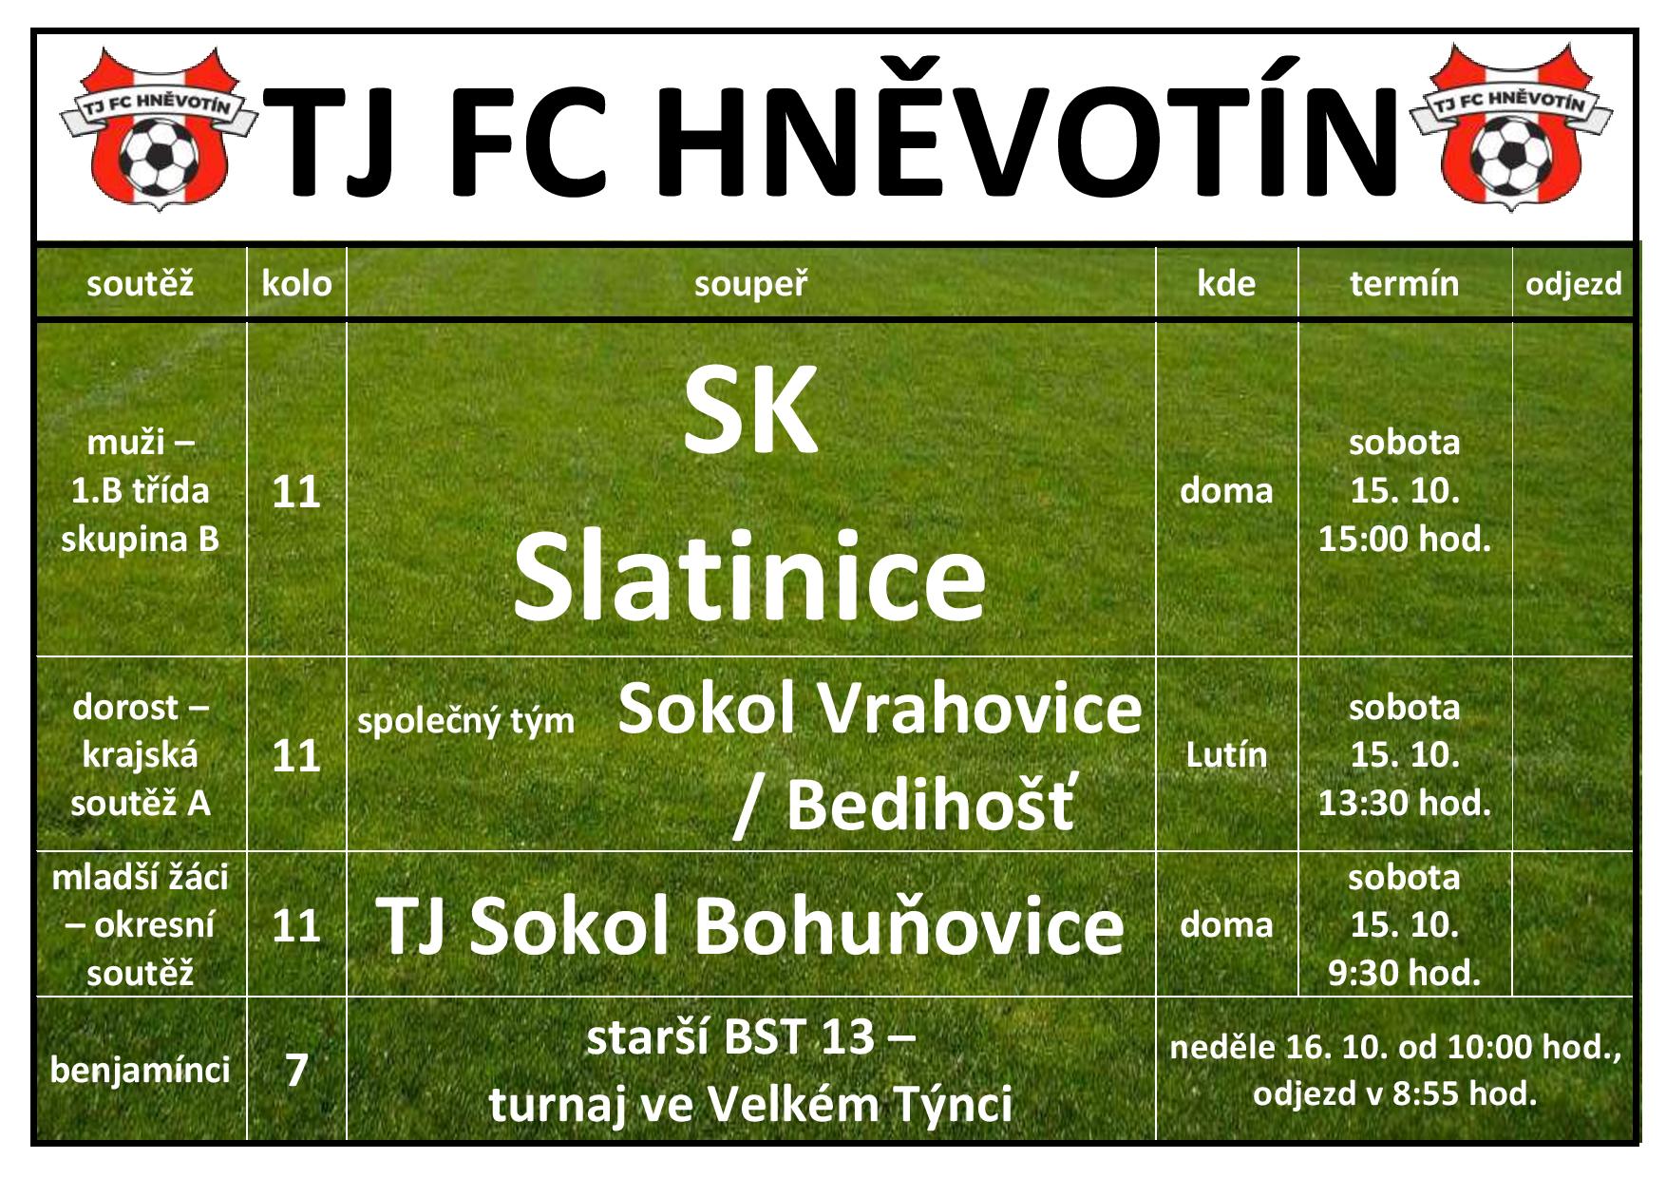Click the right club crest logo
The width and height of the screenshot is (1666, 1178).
(1510, 127)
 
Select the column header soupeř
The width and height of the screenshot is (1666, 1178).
(750, 283)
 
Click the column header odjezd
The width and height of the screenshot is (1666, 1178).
(1573, 283)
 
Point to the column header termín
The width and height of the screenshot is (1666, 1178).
(1404, 283)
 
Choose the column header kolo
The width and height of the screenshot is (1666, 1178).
(296, 283)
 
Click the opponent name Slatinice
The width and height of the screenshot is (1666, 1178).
(749, 576)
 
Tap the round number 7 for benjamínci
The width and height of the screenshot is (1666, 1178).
(296, 1070)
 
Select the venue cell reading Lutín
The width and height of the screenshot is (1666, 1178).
(1226, 754)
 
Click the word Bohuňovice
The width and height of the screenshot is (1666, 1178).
(910, 924)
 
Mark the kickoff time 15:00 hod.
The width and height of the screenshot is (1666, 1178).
(1404, 539)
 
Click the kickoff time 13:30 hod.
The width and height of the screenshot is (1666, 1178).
(1404, 803)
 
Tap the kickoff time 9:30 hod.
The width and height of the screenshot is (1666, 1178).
(1404, 972)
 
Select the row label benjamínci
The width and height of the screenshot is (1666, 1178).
(141, 1070)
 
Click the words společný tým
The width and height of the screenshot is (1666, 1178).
(465, 721)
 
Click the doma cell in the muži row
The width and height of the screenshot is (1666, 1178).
(1226, 490)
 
